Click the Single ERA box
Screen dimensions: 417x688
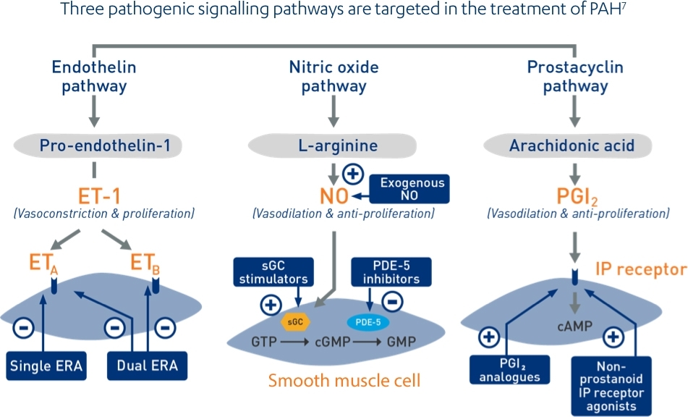click(x=46, y=366)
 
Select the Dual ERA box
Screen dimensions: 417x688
click(x=148, y=366)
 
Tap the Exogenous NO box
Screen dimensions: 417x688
click(x=409, y=188)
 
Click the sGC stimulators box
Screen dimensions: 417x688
click(x=274, y=271)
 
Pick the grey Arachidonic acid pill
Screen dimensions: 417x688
click(x=572, y=146)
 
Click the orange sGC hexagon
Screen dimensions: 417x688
click(x=295, y=319)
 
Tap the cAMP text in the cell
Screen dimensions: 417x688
click(x=572, y=327)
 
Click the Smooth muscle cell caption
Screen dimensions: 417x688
click(x=344, y=381)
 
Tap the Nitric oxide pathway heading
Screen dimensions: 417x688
click(x=334, y=77)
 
